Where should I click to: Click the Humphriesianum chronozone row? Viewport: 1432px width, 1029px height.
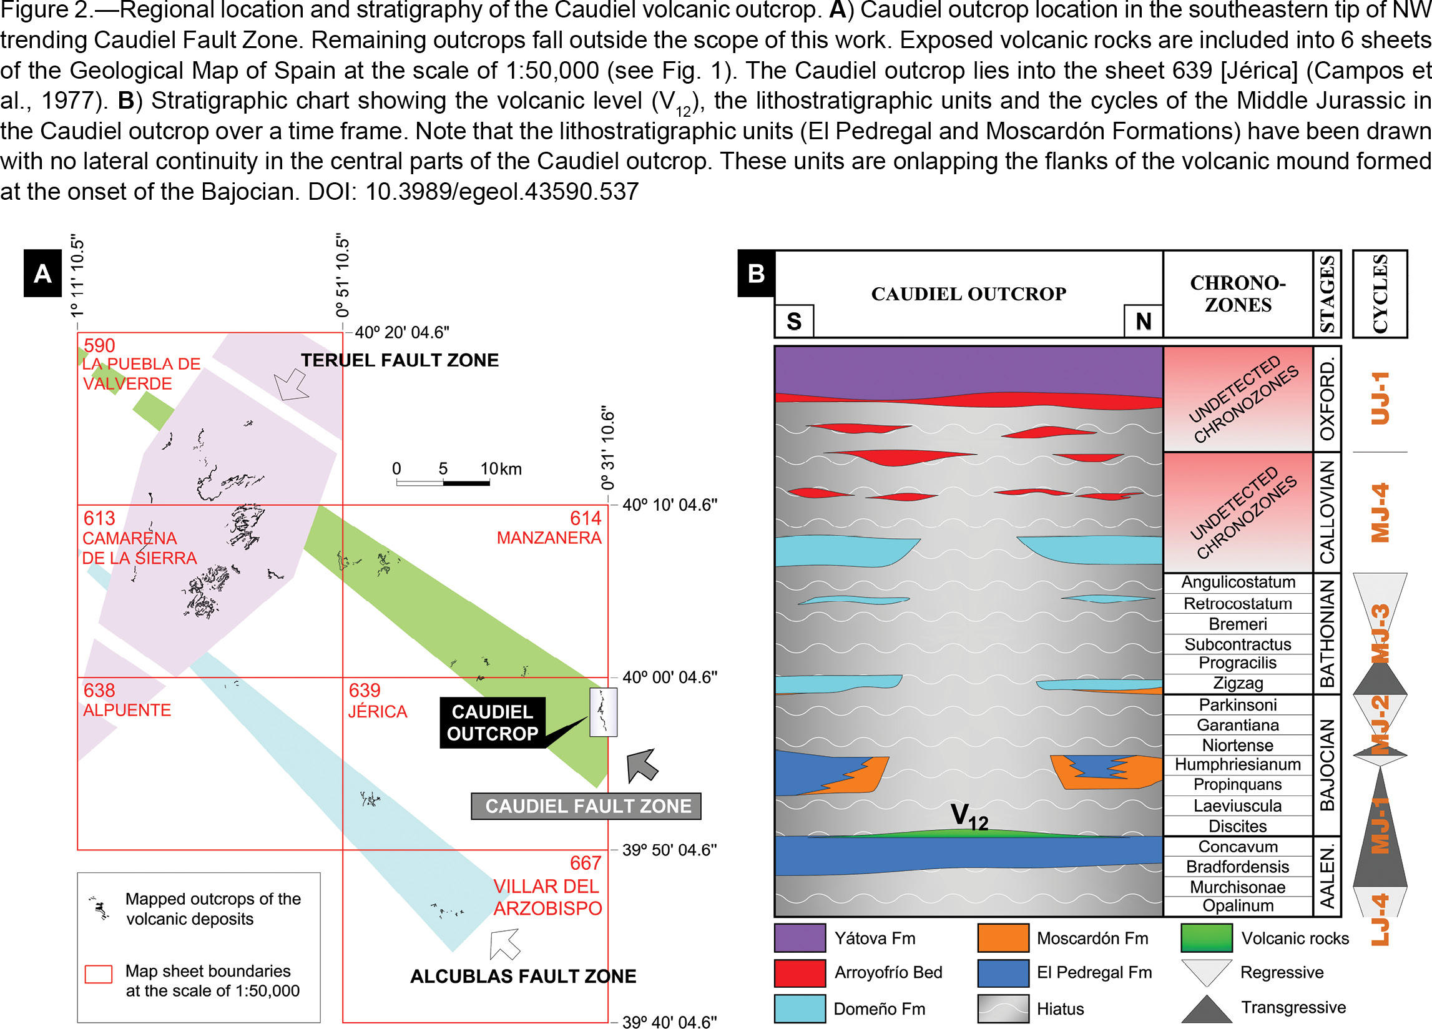[x=1237, y=764]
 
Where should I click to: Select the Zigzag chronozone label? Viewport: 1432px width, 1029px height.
[x=1237, y=683]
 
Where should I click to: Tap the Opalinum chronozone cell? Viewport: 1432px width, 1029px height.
[x=1237, y=906]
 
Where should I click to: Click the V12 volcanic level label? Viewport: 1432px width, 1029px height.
[x=969, y=816]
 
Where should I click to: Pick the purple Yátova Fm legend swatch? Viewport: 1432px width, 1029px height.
[x=800, y=938]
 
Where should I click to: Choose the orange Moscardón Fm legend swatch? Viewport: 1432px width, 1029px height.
[x=1003, y=938]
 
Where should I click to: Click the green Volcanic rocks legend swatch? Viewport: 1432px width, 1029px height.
[x=1207, y=938]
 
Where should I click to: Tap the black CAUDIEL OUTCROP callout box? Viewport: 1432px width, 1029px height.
[x=493, y=722]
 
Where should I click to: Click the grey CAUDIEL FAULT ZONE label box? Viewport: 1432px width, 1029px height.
[x=586, y=806]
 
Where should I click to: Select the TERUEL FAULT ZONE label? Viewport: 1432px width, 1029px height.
[x=400, y=360]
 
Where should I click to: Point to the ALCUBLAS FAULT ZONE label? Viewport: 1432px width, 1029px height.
[x=524, y=976]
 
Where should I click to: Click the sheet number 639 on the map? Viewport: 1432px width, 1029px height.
[x=365, y=691]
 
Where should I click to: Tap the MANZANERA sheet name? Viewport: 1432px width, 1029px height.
[x=549, y=538]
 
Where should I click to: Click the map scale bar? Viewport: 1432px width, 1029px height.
[x=443, y=483]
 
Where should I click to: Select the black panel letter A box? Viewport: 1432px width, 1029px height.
[x=42, y=273]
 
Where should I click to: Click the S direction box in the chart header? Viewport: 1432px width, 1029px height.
[x=793, y=321]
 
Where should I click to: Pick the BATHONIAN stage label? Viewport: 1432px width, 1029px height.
[x=1327, y=634]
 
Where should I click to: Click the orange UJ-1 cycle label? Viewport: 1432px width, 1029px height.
[x=1380, y=398]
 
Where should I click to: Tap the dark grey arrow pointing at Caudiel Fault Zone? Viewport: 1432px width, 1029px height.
[x=642, y=766]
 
